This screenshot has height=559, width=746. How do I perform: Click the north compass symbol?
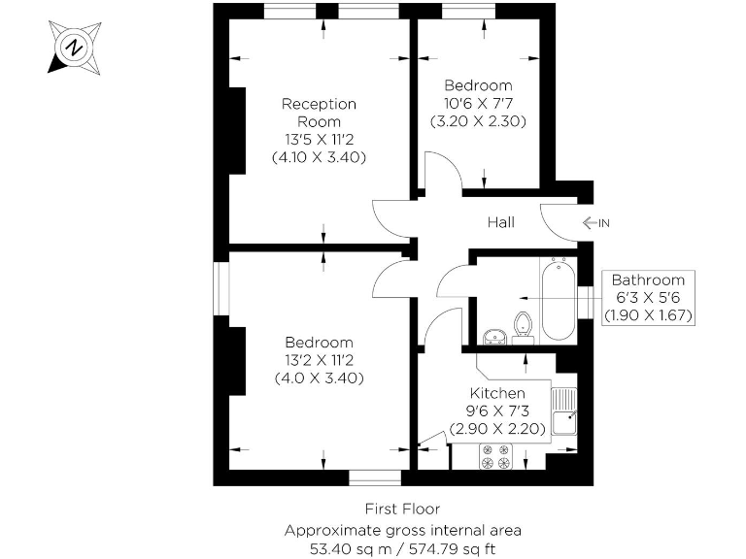[72, 47]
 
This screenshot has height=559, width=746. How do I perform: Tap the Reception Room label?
[319, 113]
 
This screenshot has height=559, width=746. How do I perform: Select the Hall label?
[500, 223]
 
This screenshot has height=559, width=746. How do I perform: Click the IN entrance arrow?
[595, 223]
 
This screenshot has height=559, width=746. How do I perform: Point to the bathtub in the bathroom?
[559, 299]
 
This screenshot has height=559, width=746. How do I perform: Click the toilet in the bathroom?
[525, 324]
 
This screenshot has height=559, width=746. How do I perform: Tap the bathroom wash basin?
[494, 337]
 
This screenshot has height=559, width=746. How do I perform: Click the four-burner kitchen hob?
[495, 456]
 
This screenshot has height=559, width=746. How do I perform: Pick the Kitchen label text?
[497, 393]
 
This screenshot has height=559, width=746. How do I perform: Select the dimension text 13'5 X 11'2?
[319, 139]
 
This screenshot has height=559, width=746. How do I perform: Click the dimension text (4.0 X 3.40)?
[319, 378]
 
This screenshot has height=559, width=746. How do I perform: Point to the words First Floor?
[402, 509]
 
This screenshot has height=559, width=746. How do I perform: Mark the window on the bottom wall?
[375, 477]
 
